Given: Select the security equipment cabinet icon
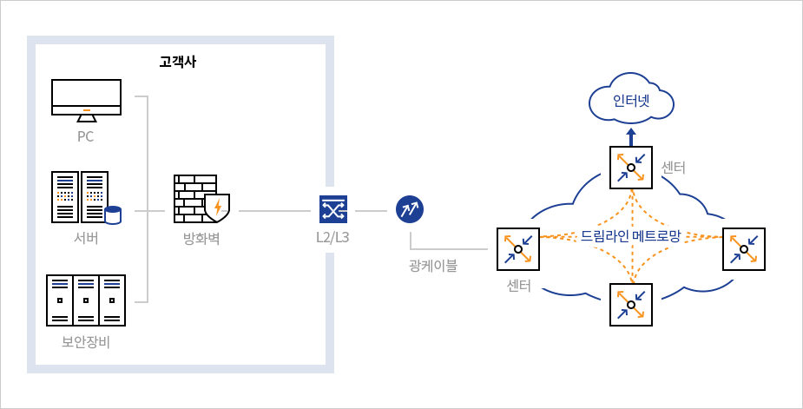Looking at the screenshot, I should (x=86, y=300).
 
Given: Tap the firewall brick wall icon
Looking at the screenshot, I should (x=195, y=197).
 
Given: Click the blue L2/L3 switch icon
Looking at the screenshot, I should (x=333, y=209).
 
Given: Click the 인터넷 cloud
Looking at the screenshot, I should (x=631, y=101).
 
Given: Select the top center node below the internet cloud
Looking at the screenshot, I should (x=631, y=167).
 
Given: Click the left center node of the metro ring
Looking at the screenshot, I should (x=518, y=249).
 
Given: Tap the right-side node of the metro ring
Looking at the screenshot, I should (x=744, y=249).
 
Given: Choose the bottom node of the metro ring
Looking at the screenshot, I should (x=631, y=304).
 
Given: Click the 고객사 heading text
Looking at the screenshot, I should (x=177, y=63).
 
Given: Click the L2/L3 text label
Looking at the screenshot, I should (x=333, y=237).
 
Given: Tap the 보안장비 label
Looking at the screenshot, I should (x=86, y=341).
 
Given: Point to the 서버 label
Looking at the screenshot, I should (x=86, y=238).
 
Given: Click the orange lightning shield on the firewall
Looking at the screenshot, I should (x=216, y=207).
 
